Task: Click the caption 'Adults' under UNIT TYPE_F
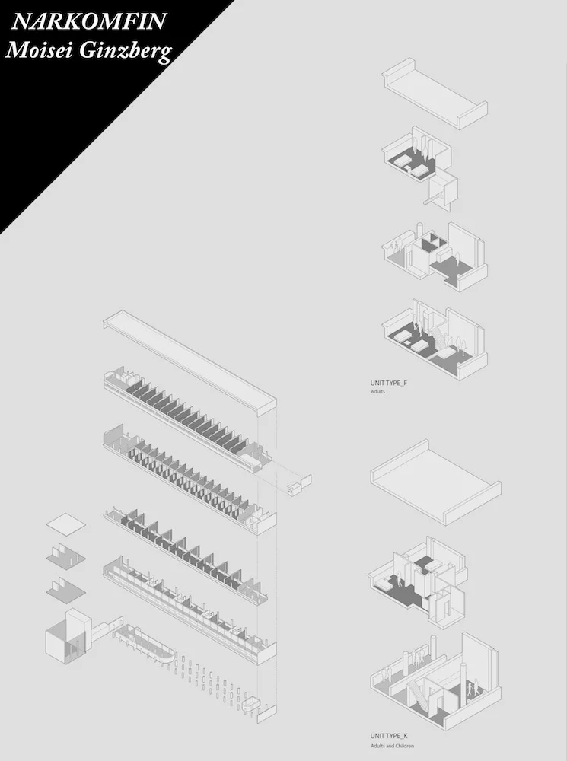click(x=378, y=392)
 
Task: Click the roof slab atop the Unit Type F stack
click(x=434, y=94)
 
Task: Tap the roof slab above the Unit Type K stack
click(x=434, y=481)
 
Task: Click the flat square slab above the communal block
click(x=65, y=525)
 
